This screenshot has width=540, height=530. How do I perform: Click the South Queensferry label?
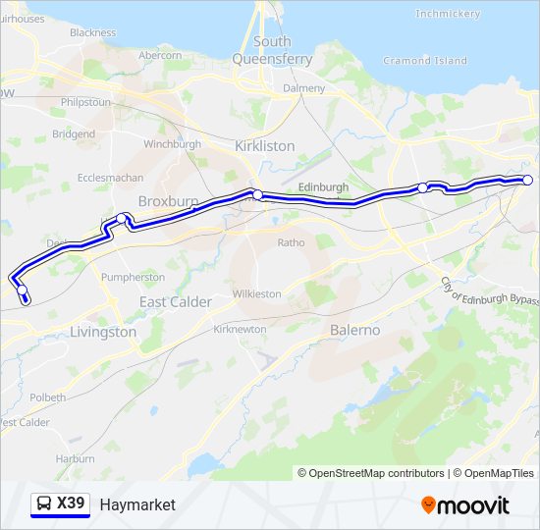pyautogui.click(x=272, y=50)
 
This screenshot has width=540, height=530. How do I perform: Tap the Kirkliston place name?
pyautogui.click(x=264, y=145)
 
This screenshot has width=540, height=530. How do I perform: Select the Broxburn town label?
pyautogui.click(x=168, y=201)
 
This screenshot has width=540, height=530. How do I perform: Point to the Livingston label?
pyautogui.click(x=103, y=332)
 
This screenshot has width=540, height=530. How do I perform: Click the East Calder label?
pyautogui.click(x=175, y=302)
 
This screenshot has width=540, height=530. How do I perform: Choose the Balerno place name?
pyautogui.click(x=354, y=330)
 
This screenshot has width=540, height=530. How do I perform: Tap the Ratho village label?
pyautogui.click(x=292, y=242)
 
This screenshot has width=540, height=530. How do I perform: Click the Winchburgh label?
pyautogui.click(x=172, y=144)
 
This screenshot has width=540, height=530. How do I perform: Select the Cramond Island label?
pyautogui.click(x=424, y=61)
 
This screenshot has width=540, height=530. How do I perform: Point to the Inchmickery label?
pyautogui.click(x=448, y=14)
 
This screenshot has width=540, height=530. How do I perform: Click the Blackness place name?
pyautogui.click(x=92, y=32)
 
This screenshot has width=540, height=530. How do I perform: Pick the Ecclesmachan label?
pyautogui.click(x=110, y=179)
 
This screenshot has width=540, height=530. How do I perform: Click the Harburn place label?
pyautogui.click(x=76, y=458)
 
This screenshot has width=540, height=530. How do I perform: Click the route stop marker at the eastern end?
pyautogui.click(x=527, y=180)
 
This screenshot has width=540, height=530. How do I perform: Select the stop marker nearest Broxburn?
pyautogui.click(x=122, y=218)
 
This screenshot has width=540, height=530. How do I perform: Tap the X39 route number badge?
pyautogui.click(x=71, y=503)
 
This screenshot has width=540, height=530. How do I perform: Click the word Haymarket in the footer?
pyautogui.click(x=137, y=504)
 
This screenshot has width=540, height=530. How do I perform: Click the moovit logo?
pyautogui.click(x=465, y=505)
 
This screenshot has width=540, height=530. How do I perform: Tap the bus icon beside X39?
pyautogui.click(x=44, y=504)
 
